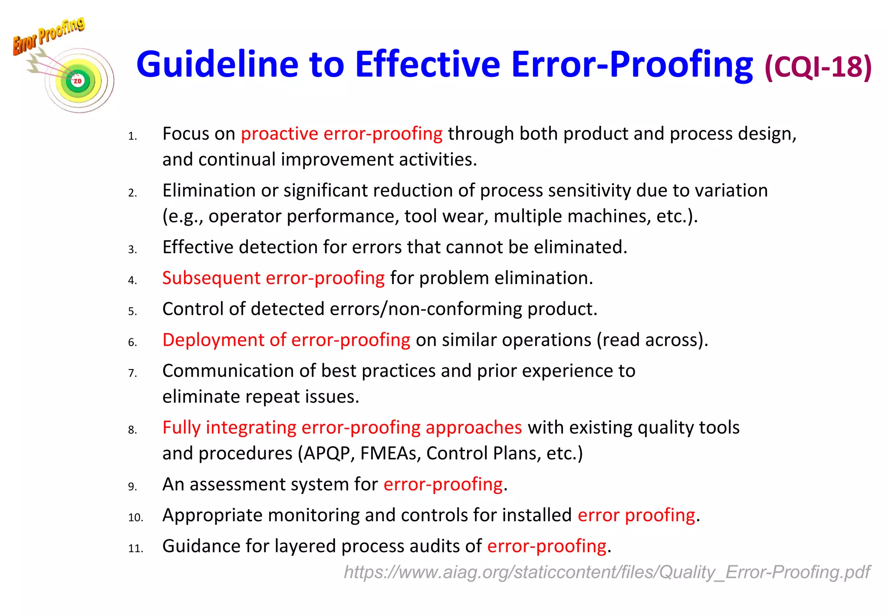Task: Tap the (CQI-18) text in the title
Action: (818, 66)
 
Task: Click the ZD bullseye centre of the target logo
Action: (78, 81)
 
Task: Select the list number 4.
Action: (132, 280)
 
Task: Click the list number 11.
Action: (135, 548)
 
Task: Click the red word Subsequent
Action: (211, 278)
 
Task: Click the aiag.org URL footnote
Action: (606, 572)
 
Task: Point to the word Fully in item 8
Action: (181, 428)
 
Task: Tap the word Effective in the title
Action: (428, 64)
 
